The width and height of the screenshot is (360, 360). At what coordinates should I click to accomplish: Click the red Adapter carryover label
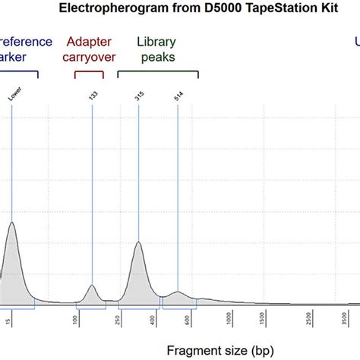(90, 50)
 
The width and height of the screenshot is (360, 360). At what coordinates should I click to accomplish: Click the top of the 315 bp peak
(138, 242)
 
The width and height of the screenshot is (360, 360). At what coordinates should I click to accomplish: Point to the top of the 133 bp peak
(92, 286)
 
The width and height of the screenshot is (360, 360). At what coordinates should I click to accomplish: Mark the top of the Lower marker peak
(11, 223)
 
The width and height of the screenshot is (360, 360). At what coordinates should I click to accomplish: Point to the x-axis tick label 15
(9, 321)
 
